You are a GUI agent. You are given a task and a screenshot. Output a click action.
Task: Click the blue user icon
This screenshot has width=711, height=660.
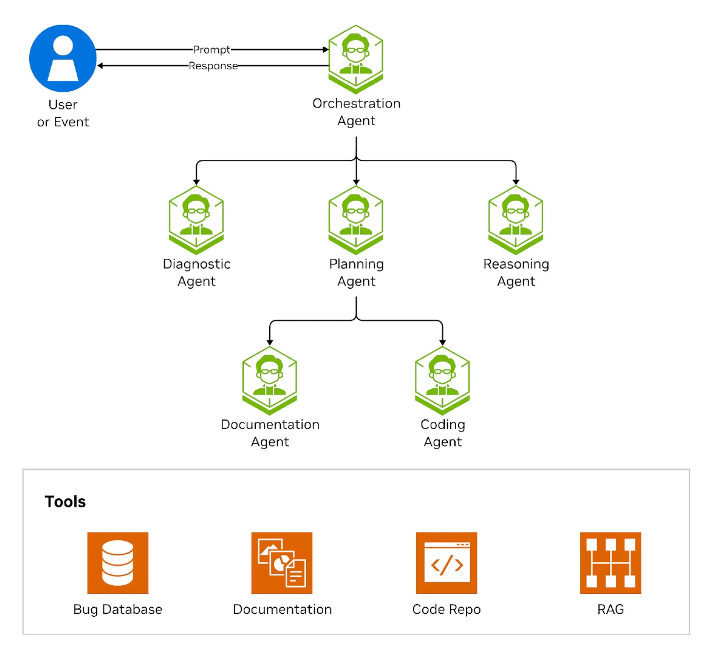[x=63, y=58]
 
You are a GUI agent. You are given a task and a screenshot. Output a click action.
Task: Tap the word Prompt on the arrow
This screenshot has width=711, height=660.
[x=211, y=50]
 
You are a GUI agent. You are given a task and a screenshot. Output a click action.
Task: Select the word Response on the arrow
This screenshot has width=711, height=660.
[x=213, y=66]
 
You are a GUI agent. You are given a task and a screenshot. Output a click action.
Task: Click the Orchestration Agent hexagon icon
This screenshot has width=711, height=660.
[x=355, y=59]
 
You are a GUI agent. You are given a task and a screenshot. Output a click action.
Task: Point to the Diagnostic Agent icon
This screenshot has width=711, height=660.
[x=196, y=220]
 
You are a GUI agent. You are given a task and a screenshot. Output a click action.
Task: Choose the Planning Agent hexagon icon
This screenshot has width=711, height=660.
[x=355, y=220]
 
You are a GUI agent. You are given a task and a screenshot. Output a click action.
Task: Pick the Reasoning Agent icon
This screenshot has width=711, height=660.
[x=515, y=220]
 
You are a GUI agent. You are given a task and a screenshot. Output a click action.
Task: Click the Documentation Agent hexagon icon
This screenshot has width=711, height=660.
[x=269, y=380]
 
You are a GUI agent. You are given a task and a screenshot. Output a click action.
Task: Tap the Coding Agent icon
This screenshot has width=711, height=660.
[x=442, y=380]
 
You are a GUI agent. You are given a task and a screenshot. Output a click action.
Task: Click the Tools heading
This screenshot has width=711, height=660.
[x=65, y=501]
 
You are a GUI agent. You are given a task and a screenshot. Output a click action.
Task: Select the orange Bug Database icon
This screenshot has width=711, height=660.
[x=118, y=563]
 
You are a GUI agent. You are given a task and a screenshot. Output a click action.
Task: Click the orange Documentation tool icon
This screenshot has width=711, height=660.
[x=282, y=563]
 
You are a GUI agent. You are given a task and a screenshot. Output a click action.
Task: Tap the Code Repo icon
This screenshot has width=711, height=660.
[x=446, y=563]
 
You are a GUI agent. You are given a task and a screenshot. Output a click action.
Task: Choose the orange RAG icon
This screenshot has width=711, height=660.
[x=610, y=563]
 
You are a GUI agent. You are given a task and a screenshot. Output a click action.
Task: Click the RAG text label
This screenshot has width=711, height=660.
[x=610, y=609]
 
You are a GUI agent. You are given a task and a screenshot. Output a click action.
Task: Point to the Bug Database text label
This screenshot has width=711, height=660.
[x=118, y=609]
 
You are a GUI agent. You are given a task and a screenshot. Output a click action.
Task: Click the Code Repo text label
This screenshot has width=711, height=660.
[x=446, y=609]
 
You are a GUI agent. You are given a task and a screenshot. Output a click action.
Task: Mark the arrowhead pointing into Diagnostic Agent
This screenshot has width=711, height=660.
[x=196, y=182]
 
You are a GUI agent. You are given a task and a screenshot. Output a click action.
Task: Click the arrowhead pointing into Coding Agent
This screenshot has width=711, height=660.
[x=442, y=342]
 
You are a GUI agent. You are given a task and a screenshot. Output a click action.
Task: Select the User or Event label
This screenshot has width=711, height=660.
[x=63, y=113]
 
